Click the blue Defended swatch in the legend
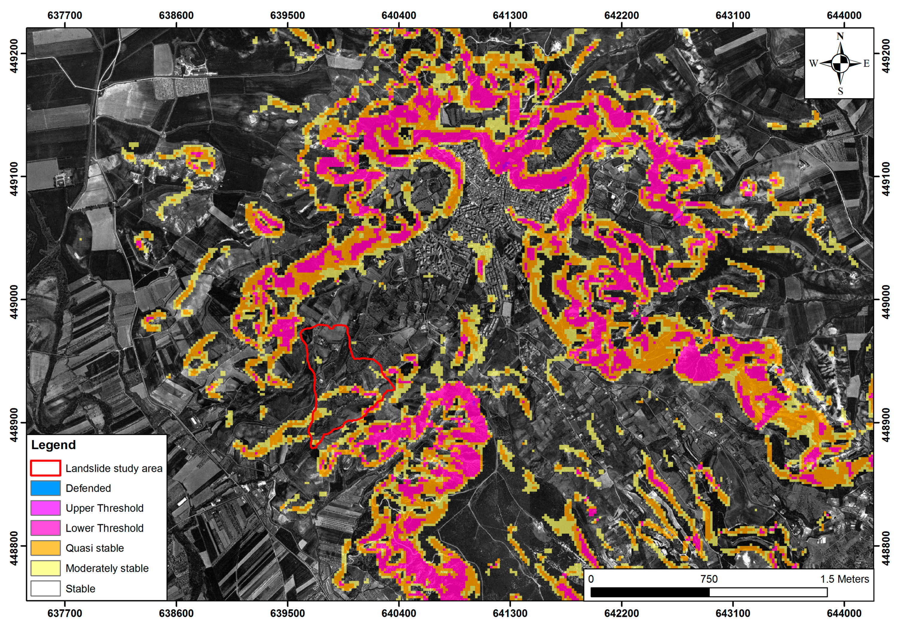(45, 488)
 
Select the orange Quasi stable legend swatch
(45, 548)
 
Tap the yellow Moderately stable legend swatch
(45, 568)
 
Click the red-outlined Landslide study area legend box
(45, 468)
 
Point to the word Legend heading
(53, 445)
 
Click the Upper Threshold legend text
(104, 508)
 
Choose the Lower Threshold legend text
(104, 528)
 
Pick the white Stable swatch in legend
(45, 588)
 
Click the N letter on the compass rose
(840, 36)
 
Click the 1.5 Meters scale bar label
(844, 579)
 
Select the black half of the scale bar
(650, 592)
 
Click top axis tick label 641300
(510, 15)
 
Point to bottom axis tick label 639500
(287, 613)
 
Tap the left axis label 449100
(14, 177)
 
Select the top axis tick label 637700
(65, 15)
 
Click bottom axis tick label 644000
(844, 613)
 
